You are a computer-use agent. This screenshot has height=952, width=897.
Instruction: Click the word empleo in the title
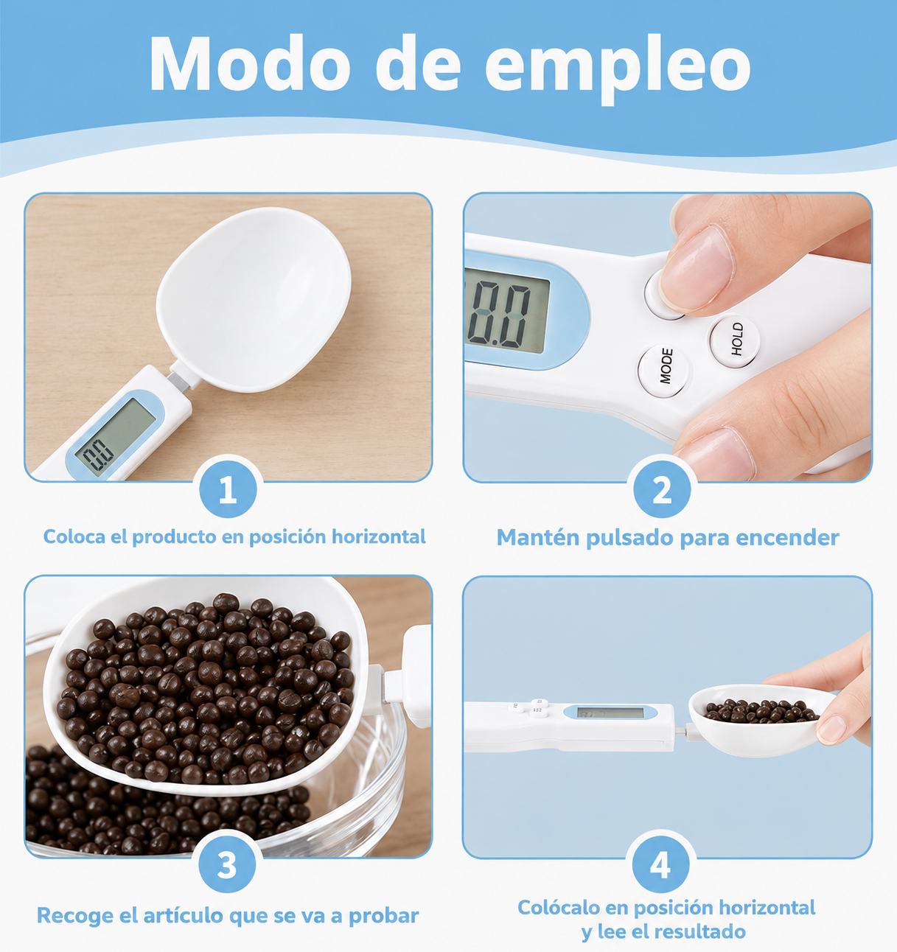[618, 69]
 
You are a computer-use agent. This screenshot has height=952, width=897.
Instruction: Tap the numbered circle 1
[228, 489]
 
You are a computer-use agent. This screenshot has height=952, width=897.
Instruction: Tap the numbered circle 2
[662, 489]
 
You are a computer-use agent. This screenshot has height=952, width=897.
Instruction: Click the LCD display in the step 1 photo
[115, 438]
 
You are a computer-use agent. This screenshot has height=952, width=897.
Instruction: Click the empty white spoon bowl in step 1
[254, 298]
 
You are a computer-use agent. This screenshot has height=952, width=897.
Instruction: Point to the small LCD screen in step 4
[610, 713]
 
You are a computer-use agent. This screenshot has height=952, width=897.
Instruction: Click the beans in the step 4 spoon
[761, 711]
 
